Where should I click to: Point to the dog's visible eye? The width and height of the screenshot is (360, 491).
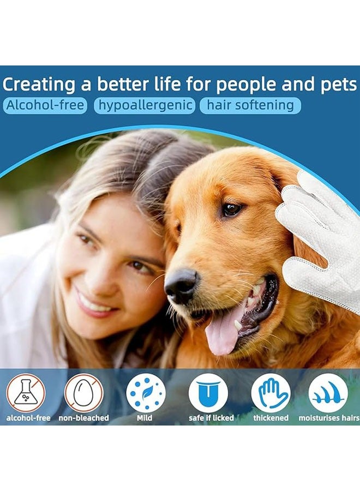point(231,209)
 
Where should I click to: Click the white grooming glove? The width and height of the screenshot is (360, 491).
point(322,235)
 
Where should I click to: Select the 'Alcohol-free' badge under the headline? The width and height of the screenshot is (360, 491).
point(45,105)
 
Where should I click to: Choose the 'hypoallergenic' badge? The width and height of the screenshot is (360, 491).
point(144,105)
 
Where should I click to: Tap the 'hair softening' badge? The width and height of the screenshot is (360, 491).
point(250,105)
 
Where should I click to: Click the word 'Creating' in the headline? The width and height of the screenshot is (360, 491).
point(39,85)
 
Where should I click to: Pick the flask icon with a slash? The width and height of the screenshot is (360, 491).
point(26,392)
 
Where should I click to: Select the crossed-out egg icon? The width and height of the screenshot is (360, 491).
point(83,392)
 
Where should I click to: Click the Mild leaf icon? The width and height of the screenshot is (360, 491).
point(146,392)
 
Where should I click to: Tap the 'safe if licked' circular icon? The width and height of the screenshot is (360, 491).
point(208,392)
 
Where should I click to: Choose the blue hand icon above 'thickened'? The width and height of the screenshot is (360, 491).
point(271,392)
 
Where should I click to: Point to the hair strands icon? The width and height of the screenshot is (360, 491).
point(328,392)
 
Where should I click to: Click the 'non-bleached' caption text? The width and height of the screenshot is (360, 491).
point(83,418)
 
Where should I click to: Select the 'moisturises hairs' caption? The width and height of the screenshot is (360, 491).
point(328,418)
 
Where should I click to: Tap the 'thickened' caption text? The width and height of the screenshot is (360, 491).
point(271,418)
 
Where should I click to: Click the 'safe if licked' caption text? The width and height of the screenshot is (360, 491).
point(211,418)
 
